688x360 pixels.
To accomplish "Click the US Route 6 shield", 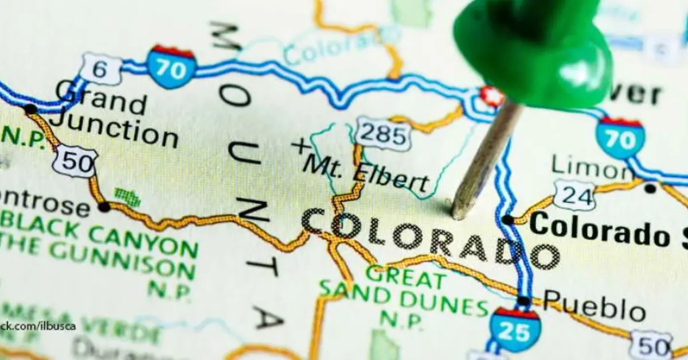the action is [101, 69].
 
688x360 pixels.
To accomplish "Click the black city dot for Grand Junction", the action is [30, 109].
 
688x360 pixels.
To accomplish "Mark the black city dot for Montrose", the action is [104, 207].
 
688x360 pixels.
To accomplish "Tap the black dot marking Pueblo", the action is [523, 301].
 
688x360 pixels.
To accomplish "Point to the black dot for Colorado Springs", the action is [508, 220].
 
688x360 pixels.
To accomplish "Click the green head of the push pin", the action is [533, 52].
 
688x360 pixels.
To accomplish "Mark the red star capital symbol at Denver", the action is [491, 96].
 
